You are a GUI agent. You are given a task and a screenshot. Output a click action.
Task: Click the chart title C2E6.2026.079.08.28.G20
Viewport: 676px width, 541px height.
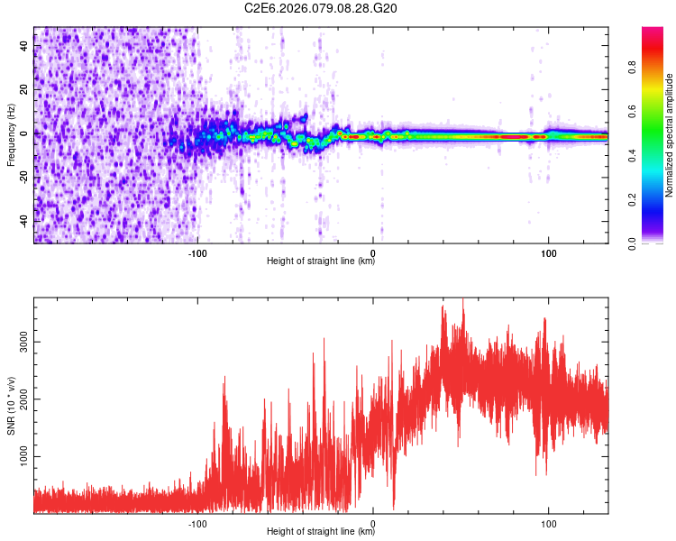point(321,8)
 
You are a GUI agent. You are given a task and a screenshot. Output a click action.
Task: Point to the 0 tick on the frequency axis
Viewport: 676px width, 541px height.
point(25,133)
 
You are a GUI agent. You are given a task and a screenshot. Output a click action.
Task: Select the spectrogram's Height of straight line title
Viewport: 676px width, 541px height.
point(320,261)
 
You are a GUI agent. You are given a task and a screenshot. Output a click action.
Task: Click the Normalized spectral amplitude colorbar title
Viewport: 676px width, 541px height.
point(670,135)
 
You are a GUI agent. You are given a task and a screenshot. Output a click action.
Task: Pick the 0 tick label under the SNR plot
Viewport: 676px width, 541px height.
point(373,522)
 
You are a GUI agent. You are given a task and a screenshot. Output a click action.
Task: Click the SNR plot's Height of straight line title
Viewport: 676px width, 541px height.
point(320,532)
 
